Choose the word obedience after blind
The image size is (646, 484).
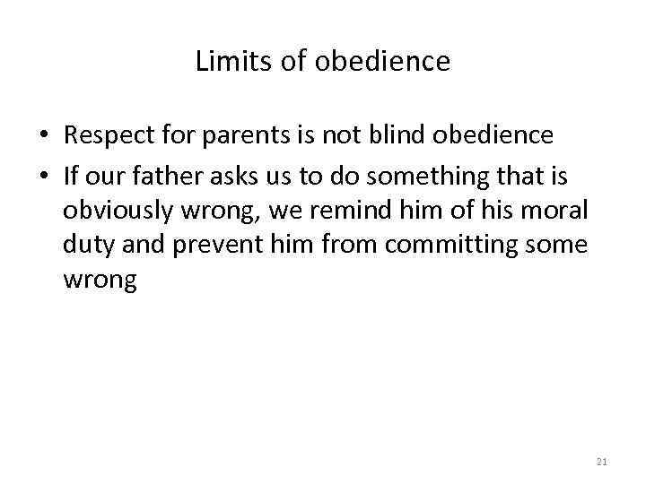[x=493, y=135]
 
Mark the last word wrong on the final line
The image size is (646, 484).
[x=100, y=281]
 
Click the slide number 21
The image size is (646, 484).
[x=602, y=461]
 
